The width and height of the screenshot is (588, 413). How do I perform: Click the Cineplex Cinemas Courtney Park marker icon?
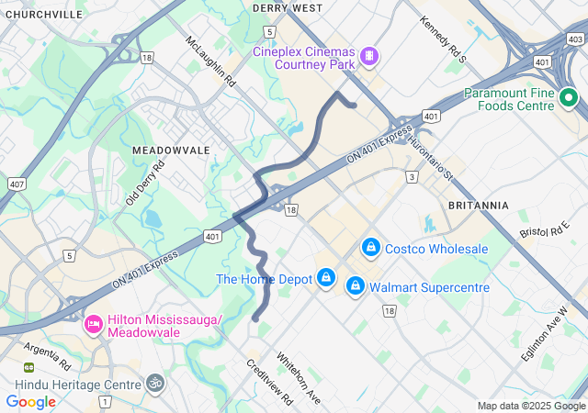pos(369,57)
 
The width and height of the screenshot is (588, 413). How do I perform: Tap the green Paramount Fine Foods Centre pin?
pos(568,96)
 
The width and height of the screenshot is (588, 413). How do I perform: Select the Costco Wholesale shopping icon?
pos(371,248)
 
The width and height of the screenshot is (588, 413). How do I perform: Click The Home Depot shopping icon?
pos(326,276)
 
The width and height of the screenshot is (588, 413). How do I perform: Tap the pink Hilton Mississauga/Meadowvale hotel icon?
pos(93,324)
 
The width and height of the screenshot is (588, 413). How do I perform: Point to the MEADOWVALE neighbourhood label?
pos(171,150)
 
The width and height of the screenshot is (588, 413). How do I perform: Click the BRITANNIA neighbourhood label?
pos(478,205)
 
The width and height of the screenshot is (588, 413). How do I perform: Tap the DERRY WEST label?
pos(287,8)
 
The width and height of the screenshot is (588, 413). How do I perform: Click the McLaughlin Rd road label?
pos(210,61)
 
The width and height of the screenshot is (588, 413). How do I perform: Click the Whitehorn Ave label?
pos(298,379)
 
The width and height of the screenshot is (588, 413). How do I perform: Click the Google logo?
pos(30,401)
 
